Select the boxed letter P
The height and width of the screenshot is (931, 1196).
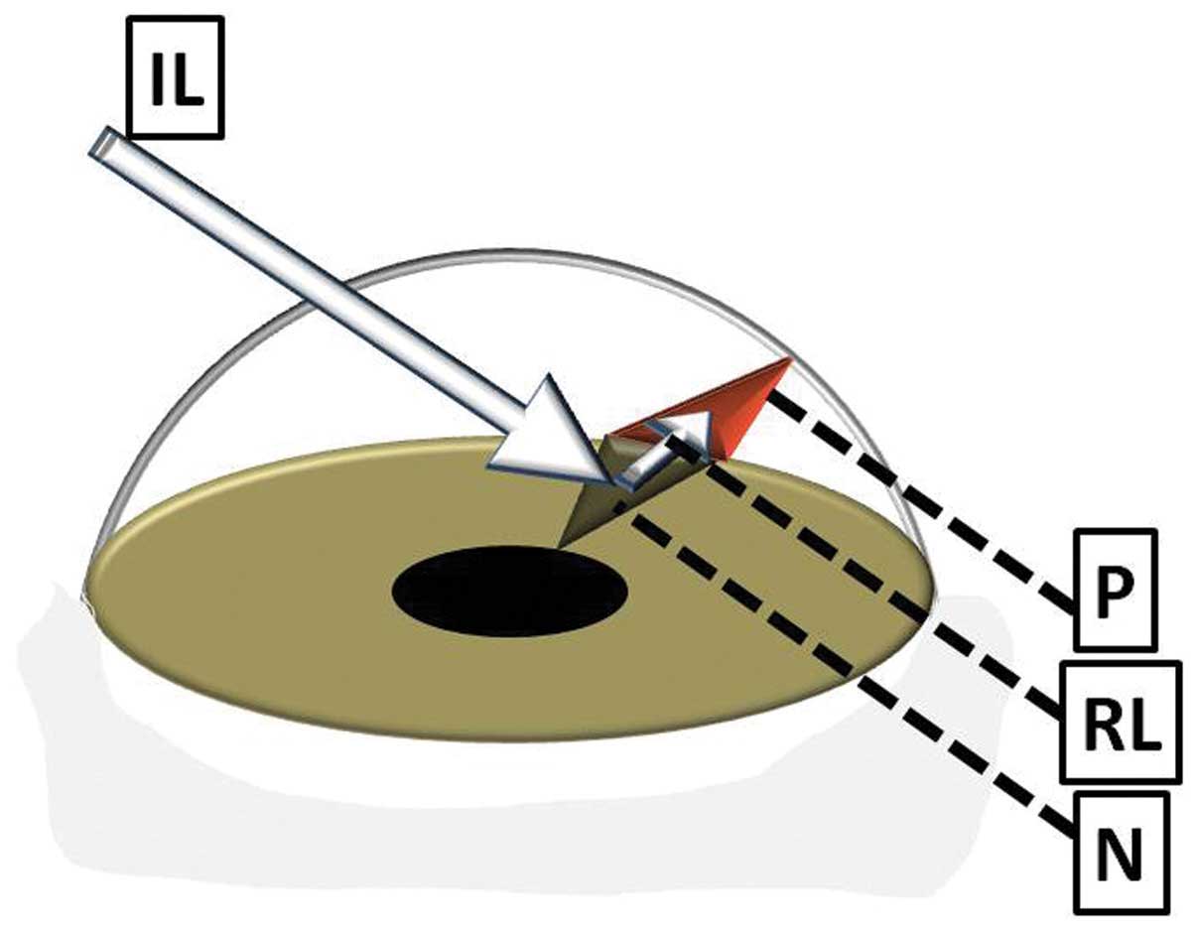click(x=1114, y=590)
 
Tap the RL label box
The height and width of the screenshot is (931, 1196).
click(x=1121, y=721)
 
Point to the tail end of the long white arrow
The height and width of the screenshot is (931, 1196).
click(x=103, y=143)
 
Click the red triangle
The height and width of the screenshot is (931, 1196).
click(x=744, y=402)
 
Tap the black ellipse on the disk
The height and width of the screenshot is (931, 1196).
click(x=509, y=591)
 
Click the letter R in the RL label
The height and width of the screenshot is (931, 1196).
click(x=1099, y=722)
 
